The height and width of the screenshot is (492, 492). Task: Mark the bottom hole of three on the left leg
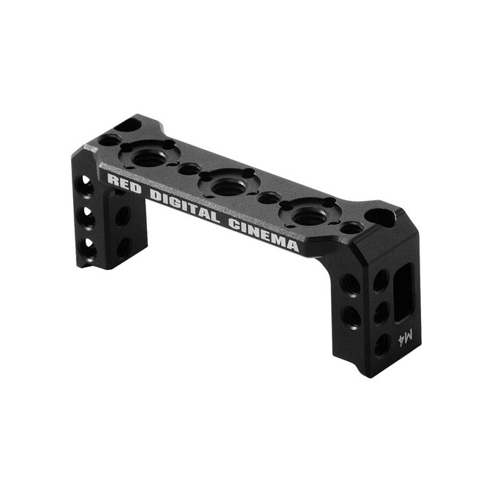(x=90, y=247)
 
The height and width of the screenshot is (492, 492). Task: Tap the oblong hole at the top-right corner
(x=380, y=216)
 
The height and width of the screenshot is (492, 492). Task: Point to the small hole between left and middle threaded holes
(x=188, y=169)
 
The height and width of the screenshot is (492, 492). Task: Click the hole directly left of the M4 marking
(x=381, y=344)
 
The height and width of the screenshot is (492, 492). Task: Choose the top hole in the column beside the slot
(x=380, y=282)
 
